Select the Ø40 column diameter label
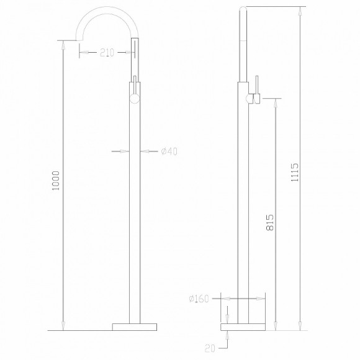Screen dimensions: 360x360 point(169,151)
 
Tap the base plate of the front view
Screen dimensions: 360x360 point(135,327)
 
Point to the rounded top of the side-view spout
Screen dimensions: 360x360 point(245,7)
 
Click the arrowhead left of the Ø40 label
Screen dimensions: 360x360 point(126,151)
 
